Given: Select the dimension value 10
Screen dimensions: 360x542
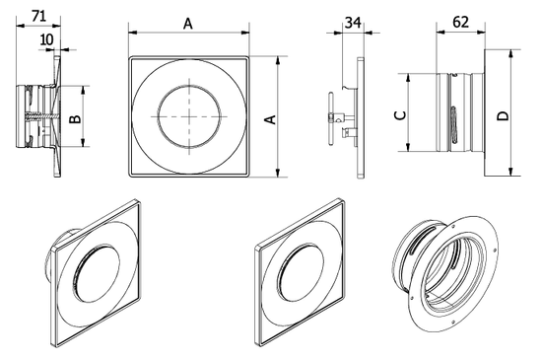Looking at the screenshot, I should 47,39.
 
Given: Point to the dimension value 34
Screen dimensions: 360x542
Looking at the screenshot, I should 350,22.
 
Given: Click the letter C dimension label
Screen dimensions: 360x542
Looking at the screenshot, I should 399,114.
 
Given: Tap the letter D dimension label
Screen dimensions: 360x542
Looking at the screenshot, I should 503,116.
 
